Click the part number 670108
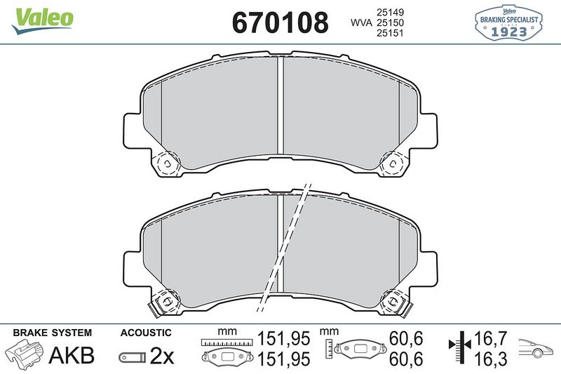click(x=280, y=22)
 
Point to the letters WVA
click(x=361, y=23)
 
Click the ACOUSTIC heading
click(x=145, y=333)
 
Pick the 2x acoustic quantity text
click(x=162, y=356)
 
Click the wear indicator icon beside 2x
click(x=133, y=357)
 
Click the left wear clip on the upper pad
click(x=167, y=163)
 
